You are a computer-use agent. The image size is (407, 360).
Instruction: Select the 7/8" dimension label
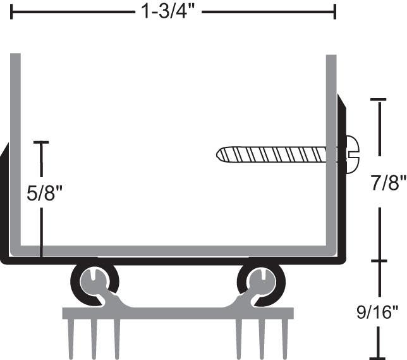point(386,183)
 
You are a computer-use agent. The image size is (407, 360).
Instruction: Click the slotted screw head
point(351,154)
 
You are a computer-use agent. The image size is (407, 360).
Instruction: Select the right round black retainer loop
point(260,282)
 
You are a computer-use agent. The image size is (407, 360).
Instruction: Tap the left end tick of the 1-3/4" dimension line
point(11,11)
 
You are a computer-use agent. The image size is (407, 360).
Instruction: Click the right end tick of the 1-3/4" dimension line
point(335,11)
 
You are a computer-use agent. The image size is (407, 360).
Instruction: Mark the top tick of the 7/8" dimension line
point(378,99)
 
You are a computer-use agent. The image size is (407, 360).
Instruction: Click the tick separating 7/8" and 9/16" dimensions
point(378,260)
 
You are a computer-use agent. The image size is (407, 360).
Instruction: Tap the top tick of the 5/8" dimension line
point(41,142)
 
